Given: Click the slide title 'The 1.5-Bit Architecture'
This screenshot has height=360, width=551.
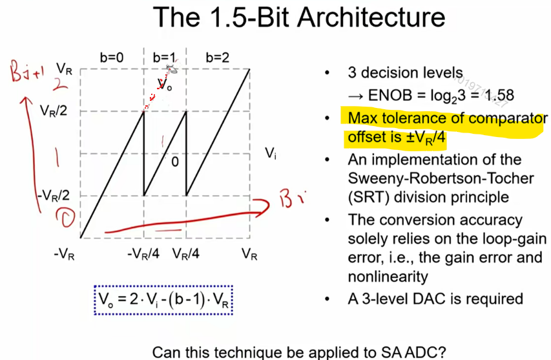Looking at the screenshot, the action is (299, 19).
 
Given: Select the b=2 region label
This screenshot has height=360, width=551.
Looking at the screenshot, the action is (217, 58).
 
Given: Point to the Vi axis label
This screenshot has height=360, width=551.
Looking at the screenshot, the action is (271, 154).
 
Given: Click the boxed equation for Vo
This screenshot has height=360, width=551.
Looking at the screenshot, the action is (163, 299).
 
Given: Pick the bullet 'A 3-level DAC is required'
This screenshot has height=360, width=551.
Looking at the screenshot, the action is (435, 299).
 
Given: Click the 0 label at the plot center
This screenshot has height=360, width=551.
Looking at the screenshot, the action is (174, 162).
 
